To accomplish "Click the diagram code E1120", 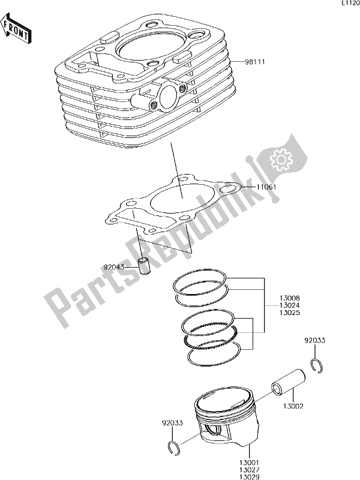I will coord(350,4).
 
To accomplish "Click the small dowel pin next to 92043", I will coord(145,265).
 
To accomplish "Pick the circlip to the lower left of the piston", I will coord(173,447).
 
